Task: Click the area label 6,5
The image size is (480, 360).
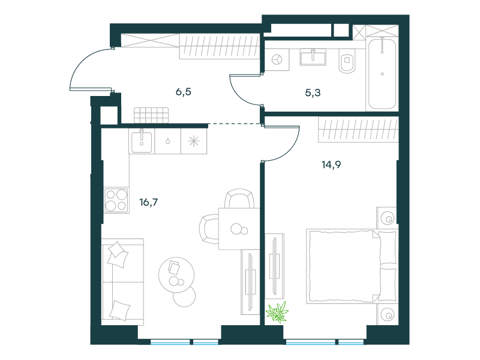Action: coord(184,92)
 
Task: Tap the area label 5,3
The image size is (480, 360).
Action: coord(313,92)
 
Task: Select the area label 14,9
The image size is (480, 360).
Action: coord(331,164)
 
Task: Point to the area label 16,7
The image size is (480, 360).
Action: coord(149,202)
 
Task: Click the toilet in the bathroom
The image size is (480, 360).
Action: coord(347,61)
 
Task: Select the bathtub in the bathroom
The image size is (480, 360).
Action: coord(382,73)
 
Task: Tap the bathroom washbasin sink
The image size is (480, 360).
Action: coord(313,57)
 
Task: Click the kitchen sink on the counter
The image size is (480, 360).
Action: coord(142,142)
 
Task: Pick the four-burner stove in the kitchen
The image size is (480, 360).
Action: coord(116,200)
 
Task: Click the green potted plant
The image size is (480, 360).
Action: coord(277,312)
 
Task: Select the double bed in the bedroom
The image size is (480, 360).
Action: coord(352,266)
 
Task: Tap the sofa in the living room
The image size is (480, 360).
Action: coord(122,281)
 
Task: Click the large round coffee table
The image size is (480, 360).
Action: coord(176,275)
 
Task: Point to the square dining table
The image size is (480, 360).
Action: coord(239,229)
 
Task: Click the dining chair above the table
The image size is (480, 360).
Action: coord(239,199)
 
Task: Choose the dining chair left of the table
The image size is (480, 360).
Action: coord(209,229)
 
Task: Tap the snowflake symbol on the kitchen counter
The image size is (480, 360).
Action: coord(194,141)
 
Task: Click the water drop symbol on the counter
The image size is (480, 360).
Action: coord(167,141)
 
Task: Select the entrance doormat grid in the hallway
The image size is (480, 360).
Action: coord(151,115)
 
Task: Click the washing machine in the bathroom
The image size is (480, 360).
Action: coord(277,59)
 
